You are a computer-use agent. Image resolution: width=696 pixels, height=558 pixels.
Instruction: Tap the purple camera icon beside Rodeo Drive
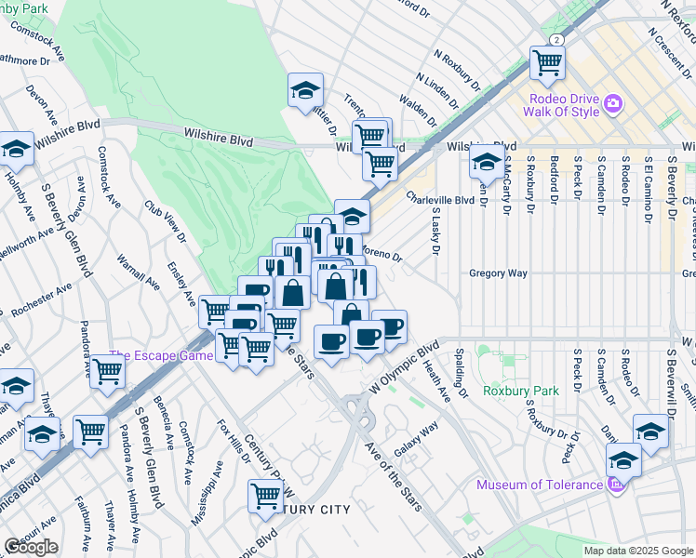click(613, 103)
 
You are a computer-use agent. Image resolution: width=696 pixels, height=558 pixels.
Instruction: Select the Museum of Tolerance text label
click(540, 485)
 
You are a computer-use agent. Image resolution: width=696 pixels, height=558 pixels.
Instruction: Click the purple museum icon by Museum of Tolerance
click(614, 485)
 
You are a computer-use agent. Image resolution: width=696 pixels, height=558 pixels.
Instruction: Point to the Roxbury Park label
click(521, 392)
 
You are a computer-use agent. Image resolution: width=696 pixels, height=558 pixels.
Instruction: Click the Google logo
click(31, 547)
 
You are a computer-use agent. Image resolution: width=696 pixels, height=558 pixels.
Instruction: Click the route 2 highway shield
click(555, 40)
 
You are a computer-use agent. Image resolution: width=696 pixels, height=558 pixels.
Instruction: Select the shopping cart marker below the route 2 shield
click(547, 63)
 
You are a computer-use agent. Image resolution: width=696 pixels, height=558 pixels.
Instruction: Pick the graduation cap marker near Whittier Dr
click(305, 91)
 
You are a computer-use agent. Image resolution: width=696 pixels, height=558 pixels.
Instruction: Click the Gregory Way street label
click(498, 273)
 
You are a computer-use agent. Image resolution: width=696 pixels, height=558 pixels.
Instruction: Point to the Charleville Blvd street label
click(441, 198)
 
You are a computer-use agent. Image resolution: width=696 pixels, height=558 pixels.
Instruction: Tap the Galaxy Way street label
click(416, 439)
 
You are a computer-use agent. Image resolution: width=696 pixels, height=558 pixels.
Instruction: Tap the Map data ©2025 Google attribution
click(637, 551)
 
